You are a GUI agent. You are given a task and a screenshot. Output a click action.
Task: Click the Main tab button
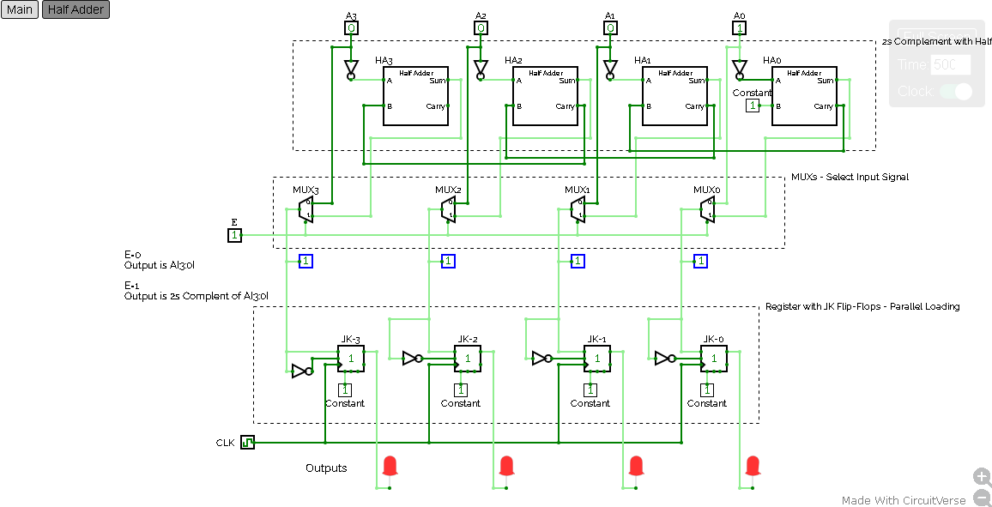point(20,10)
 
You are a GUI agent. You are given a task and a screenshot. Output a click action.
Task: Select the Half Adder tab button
point(76,10)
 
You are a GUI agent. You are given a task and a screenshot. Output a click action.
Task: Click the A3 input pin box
point(351,27)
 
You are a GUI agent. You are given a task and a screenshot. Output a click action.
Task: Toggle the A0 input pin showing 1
point(739,27)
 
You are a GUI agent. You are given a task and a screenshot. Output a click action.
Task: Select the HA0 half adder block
point(804,96)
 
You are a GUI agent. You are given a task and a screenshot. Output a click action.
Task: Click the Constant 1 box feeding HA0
point(753,106)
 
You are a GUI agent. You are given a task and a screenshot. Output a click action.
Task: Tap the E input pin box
point(234,235)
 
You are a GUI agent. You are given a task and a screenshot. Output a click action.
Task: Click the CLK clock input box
point(248,443)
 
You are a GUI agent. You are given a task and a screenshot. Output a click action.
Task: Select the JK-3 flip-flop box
point(351,359)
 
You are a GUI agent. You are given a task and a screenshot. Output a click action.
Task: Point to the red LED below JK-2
point(506,466)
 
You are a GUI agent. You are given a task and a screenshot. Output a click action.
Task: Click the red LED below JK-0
point(753,466)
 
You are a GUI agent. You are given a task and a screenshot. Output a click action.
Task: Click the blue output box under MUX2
point(448,261)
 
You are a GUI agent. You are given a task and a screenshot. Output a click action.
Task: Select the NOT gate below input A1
point(610,69)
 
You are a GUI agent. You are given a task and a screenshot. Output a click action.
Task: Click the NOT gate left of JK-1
point(541,359)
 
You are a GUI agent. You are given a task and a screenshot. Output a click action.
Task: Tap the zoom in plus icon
point(982,477)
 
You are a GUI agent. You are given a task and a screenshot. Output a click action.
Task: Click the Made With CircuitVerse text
point(904,500)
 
